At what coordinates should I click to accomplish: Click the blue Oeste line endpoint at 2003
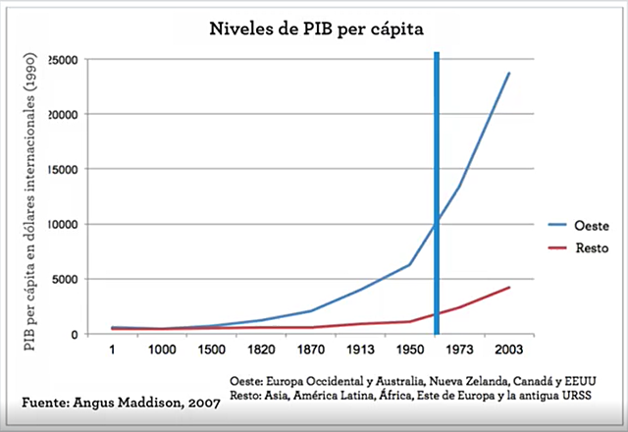pos(508,73)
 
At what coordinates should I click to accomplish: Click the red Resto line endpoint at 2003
pos(508,288)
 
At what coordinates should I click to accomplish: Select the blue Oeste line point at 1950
pos(409,265)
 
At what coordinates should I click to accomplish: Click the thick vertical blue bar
pos(436,196)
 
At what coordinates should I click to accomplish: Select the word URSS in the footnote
pos(578,398)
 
